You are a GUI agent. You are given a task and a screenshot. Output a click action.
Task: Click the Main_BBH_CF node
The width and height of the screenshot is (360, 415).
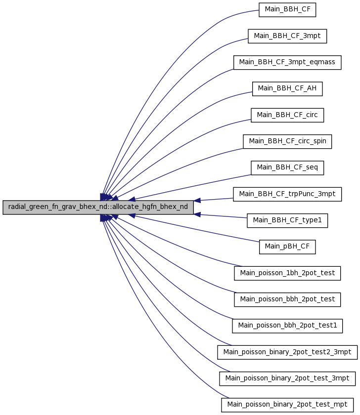[x=287, y=10]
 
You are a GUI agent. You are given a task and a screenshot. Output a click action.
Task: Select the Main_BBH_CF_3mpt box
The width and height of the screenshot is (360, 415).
[x=287, y=36]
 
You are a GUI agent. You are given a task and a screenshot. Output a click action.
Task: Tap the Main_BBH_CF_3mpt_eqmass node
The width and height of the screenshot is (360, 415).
[x=287, y=62]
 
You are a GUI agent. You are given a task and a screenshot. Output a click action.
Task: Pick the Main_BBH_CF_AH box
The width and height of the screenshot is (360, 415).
[x=287, y=88]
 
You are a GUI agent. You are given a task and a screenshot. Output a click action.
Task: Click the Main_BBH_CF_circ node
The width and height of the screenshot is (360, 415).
[x=287, y=115]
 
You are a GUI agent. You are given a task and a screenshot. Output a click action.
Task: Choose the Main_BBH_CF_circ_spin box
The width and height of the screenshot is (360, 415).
[x=287, y=141]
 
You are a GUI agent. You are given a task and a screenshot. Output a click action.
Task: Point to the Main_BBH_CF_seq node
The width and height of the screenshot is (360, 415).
[x=287, y=168]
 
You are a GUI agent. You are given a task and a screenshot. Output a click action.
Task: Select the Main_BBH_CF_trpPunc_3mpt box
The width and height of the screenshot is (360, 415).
[x=287, y=194]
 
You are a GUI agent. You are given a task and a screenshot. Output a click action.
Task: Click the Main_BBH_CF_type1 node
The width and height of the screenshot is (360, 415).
[x=287, y=220]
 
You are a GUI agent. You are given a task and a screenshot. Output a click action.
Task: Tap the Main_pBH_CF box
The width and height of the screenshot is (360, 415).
[x=287, y=247]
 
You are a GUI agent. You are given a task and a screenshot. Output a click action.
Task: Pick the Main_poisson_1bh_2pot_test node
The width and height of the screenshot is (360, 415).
[x=287, y=273]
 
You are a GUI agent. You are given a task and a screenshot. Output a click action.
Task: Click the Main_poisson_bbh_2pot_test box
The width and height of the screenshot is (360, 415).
[x=287, y=299]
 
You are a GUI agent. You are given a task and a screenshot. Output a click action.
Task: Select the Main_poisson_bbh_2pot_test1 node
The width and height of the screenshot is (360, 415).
[x=287, y=326]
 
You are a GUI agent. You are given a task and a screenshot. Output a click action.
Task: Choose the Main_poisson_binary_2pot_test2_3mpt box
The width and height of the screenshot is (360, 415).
[x=287, y=352]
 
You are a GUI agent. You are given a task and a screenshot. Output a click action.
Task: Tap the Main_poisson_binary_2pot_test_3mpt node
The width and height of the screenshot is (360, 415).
[x=287, y=378]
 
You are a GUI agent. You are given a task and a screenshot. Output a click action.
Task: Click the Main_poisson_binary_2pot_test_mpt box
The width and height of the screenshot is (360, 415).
[x=287, y=405]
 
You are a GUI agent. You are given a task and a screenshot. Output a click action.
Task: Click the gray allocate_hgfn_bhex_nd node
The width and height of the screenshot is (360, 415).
[x=98, y=207]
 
